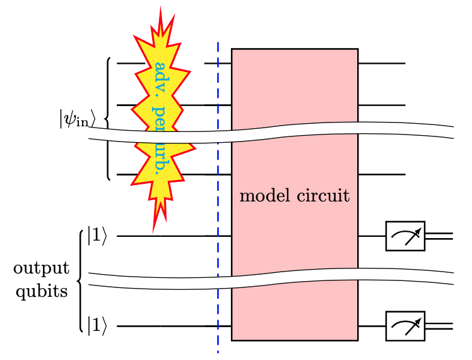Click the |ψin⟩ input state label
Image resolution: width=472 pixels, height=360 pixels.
pyautogui.click(x=77, y=119)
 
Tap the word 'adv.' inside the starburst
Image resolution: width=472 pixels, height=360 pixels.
pyautogui.click(x=161, y=76)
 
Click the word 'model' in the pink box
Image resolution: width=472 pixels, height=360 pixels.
pyautogui.click(x=264, y=196)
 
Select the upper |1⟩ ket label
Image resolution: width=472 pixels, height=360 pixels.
pyautogui.click(x=97, y=236)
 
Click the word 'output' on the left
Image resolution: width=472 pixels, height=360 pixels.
pyautogui.click(x=41, y=269)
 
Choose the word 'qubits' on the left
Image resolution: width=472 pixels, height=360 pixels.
pyautogui.click(x=41, y=291)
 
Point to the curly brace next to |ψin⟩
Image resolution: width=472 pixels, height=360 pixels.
pyautogui.click(x=108, y=119)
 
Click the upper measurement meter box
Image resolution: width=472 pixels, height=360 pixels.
pyautogui.click(x=405, y=236)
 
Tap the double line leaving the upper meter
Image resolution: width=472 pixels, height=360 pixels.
pyautogui.click(x=439, y=236)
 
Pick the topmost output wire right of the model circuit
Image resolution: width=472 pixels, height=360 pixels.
pyautogui.click(x=381, y=64)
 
